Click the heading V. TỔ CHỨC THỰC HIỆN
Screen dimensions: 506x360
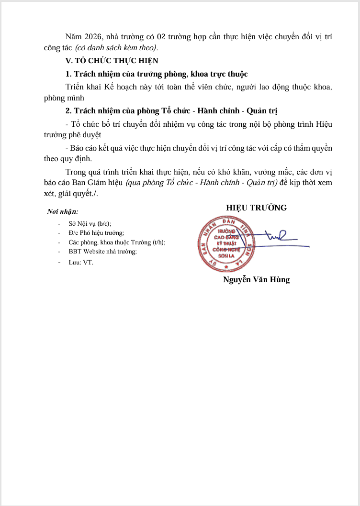[x=112, y=61]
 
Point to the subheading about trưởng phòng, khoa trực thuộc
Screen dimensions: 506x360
[x=156, y=74]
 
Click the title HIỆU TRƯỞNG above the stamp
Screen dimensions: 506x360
[x=257, y=208]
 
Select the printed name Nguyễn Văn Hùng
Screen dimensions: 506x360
[x=257, y=280]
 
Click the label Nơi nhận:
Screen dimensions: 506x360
[x=63, y=211]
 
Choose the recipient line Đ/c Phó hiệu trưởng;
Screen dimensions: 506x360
[x=96, y=233]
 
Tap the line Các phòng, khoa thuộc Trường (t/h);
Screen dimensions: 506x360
[x=117, y=242]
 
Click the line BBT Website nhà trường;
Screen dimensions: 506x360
[x=102, y=252]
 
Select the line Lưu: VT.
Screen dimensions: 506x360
[x=81, y=262]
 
